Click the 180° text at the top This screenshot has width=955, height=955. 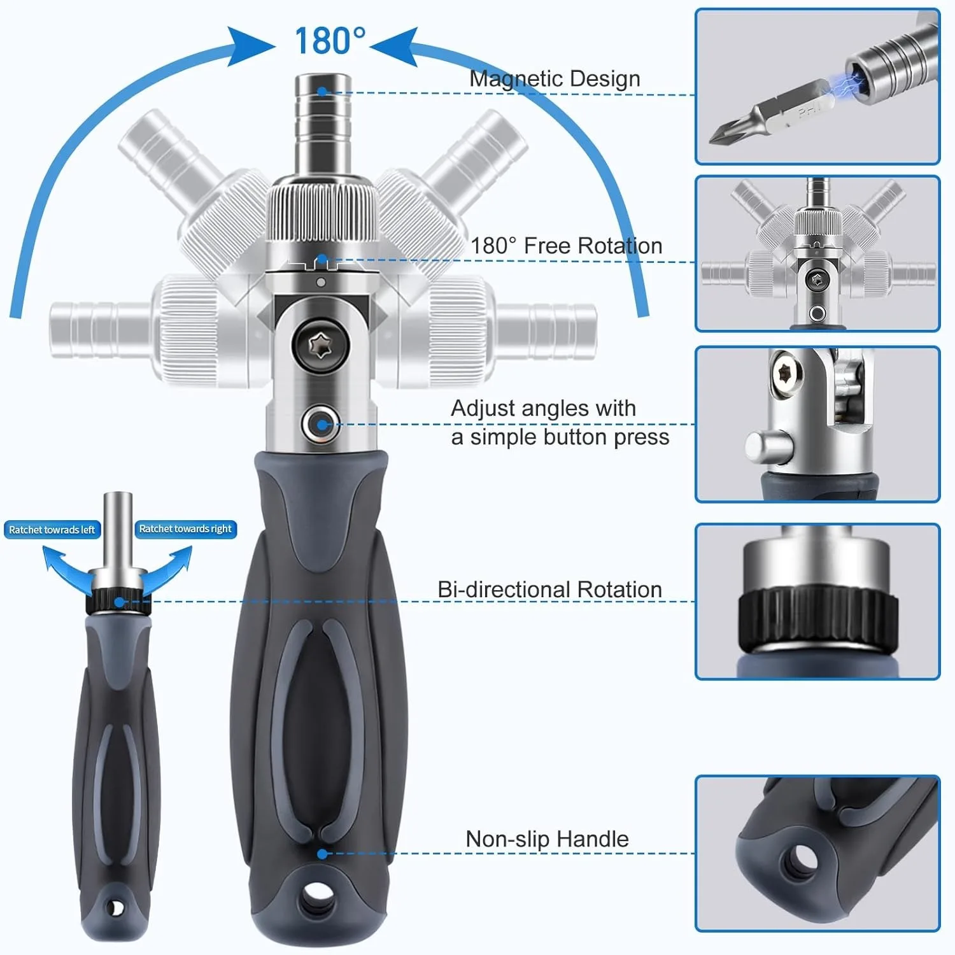330,41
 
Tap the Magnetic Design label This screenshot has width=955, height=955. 555,78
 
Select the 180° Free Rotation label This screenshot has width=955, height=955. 566,246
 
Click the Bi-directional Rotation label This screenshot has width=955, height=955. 549,590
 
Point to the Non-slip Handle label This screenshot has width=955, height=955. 547,839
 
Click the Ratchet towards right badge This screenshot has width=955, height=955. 185,529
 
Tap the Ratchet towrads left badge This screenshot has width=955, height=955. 52,530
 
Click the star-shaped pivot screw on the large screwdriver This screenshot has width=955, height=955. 321,348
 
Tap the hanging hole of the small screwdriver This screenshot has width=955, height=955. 116,907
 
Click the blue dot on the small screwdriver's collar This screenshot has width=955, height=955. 119,602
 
